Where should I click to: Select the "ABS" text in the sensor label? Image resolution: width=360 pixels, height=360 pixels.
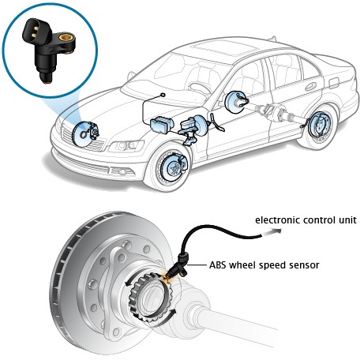[218, 264]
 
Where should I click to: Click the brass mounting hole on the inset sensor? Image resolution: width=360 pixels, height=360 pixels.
[65, 37]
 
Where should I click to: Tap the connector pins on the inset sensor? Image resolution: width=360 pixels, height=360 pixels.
[34, 31]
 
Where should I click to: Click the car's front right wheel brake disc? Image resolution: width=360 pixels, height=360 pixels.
[172, 167]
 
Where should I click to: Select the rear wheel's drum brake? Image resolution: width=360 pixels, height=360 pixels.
[320, 125]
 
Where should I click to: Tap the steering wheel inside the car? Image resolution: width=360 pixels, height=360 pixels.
[200, 89]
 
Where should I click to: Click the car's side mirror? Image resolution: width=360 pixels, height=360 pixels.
[131, 76]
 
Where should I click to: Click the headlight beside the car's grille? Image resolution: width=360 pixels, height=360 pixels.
[126, 146]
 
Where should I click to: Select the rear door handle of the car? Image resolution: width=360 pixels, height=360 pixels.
[310, 87]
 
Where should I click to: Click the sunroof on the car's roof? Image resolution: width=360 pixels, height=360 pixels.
[224, 49]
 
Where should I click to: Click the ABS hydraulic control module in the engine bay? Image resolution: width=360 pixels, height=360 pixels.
[161, 125]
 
